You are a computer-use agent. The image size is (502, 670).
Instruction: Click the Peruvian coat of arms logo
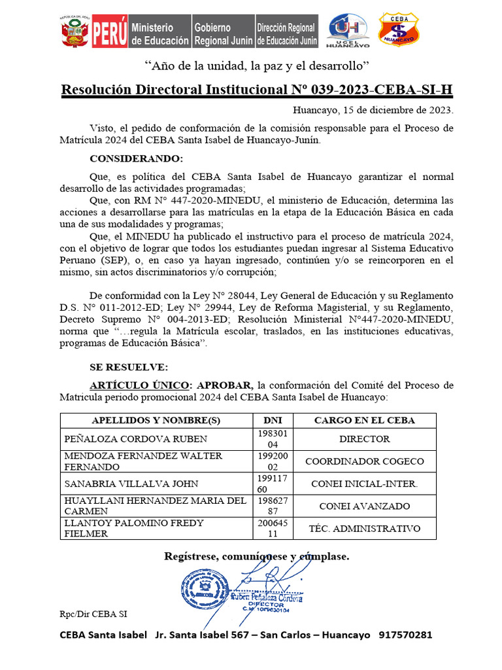coord(75,31)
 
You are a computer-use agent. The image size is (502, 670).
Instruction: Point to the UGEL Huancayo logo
coord(347,31)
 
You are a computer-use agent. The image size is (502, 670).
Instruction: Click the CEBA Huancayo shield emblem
coord(399,29)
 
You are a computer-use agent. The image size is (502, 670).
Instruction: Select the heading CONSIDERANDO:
coord(137,159)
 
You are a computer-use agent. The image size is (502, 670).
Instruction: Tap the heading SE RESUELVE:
coord(129,367)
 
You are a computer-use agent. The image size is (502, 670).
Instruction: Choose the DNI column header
coord(273,420)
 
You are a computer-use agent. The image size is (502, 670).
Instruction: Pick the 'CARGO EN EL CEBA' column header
coord(364,420)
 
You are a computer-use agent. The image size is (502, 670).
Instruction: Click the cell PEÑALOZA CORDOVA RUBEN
coord(135,439)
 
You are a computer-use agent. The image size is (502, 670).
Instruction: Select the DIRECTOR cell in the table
coord(364,439)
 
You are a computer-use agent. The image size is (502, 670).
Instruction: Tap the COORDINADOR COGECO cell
coord(364,461)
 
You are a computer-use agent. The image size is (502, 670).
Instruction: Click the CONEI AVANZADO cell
coord(364,506)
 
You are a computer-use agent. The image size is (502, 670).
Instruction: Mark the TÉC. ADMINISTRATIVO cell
coord(364,528)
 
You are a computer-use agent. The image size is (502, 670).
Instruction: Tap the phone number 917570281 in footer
coord(405,635)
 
